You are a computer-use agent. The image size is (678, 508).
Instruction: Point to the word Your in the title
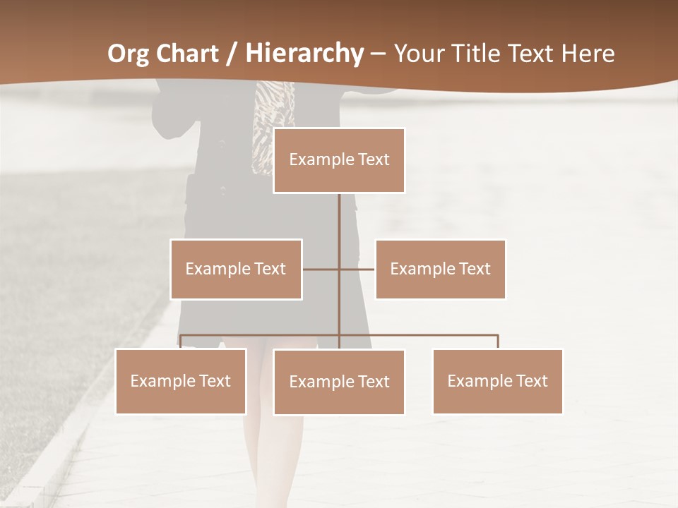tap(417, 54)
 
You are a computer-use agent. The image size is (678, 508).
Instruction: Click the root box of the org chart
tap(339, 160)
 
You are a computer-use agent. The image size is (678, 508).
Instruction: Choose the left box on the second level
tap(236, 269)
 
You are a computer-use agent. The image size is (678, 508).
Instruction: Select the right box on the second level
tap(440, 269)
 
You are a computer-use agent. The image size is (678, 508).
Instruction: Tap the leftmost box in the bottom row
tap(181, 381)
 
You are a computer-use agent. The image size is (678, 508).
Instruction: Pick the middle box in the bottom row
tap(339, 382)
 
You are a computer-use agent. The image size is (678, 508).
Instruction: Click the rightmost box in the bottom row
tap(497, 381)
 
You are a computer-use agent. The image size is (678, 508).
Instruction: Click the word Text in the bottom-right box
tap(532, 381)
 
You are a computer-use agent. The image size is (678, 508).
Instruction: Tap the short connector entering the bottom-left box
tap(181, 341)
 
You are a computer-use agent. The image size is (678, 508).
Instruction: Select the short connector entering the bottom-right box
tap(498, 341)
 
